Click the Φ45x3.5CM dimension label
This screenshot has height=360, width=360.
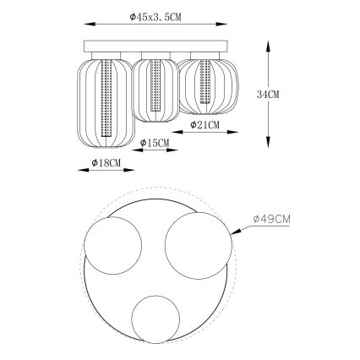(x=155, y=18)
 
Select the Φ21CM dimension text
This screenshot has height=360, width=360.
(x=205, y=125)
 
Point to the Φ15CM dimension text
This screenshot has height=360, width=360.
(x=155, y=144)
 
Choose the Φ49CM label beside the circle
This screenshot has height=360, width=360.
(x=271, y=219)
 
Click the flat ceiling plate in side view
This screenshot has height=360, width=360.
(x=155, y=46)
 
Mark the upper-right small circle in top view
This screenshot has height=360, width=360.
(x=198, y=242)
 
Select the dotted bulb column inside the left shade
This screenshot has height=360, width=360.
(x=105, y=97)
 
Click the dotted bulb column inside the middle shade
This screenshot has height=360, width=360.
(x=155, y=87)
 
